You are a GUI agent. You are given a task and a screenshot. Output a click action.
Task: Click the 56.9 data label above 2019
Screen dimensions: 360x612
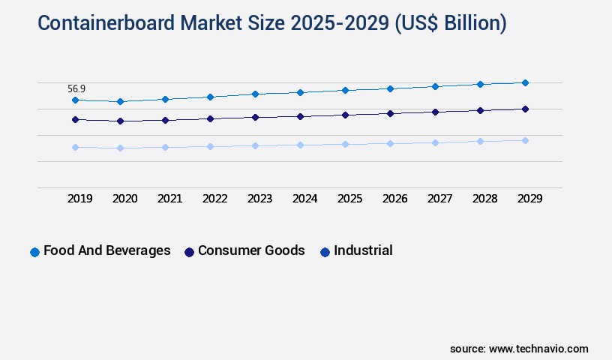click(76, 88)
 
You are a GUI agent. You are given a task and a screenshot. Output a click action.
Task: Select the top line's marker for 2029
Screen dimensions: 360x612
click(525, 82)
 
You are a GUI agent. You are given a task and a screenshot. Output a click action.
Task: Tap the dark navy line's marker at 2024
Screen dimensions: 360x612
click(300, 116)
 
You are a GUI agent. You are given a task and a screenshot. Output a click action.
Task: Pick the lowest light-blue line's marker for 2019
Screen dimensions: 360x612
click(75, 147)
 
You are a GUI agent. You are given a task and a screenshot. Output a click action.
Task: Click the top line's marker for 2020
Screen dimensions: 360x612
click(120, 101)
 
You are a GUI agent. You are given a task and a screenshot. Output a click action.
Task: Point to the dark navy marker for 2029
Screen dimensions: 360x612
click(525, 109)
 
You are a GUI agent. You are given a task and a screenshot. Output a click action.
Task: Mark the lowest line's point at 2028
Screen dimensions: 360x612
click(480, 141)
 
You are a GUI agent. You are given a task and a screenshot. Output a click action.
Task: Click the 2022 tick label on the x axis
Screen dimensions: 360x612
click(214, 199)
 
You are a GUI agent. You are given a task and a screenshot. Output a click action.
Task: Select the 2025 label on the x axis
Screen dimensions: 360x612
click(349, 199)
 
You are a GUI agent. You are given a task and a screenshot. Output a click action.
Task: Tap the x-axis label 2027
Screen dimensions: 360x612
click(439, 199)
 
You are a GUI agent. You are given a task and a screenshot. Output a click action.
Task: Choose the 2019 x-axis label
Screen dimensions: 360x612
click(79, 199)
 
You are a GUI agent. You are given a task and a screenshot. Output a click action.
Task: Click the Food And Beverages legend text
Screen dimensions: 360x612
click(106, 250)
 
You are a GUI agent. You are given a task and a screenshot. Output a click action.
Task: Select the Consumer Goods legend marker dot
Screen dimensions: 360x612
click(190, 252)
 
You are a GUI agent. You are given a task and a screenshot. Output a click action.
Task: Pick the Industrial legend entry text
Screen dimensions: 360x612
click(363, 250)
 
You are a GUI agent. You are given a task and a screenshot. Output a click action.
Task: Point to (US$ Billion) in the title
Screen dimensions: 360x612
click(449, 23)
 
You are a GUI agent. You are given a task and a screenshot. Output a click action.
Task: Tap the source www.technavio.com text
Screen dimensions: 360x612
click(519, 349)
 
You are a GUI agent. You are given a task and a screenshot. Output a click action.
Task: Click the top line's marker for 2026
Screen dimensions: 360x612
click(390, 88)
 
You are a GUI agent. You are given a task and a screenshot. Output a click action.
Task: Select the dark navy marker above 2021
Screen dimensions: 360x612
click(165, 120)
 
